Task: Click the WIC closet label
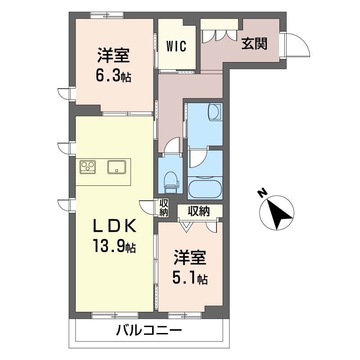tap(176, 46)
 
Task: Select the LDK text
tap(114, 226)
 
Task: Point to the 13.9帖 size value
tap(114, 246)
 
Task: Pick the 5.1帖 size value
tap(190, 278)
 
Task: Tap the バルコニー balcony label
tap(149, 331)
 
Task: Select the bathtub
tap(205, 189)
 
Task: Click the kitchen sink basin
tap(117, 167)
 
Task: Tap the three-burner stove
tap(88, 167)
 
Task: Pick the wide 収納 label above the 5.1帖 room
tap(199, 211)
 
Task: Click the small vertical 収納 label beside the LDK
tap(164, 207)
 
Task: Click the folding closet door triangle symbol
tap(186, 227)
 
